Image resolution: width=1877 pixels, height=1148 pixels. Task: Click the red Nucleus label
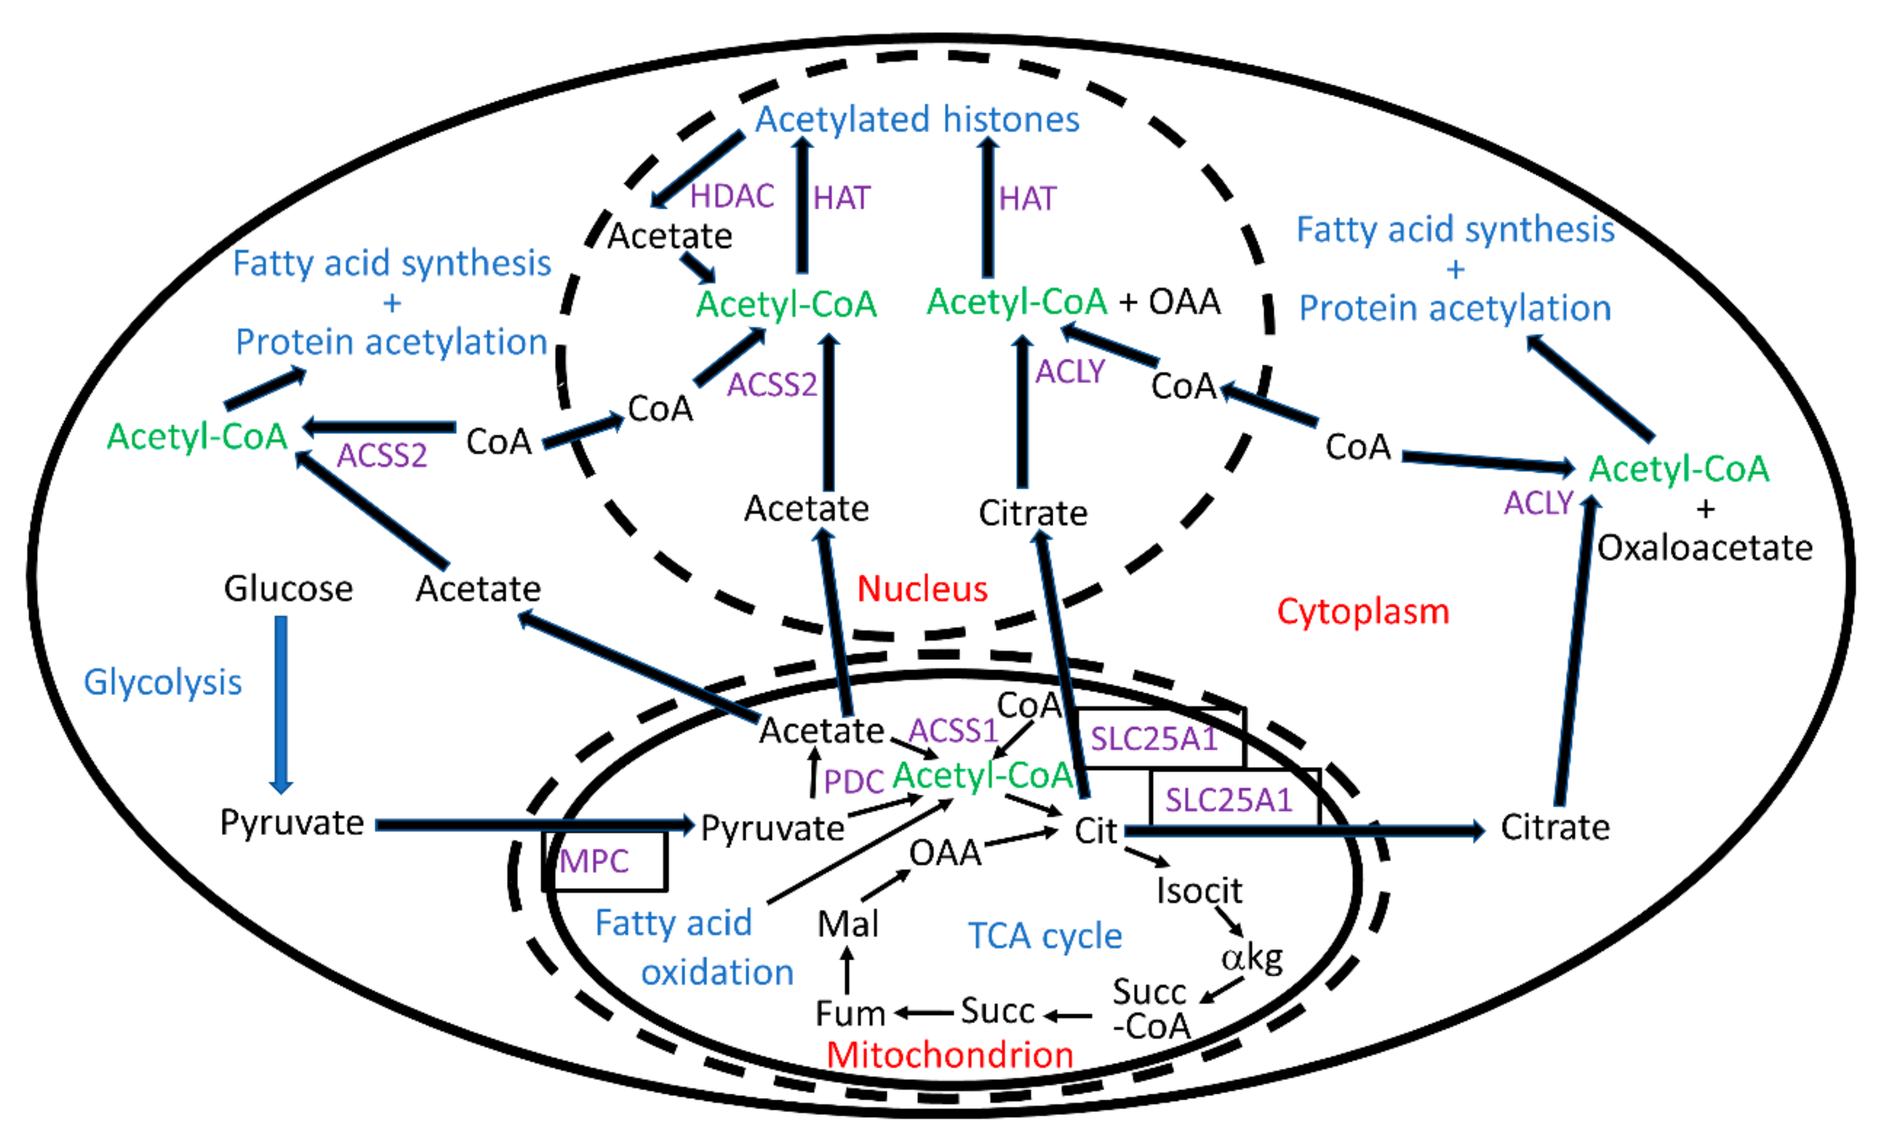(x=922, y=589)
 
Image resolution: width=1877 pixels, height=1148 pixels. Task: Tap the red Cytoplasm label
(x=1363, y=612)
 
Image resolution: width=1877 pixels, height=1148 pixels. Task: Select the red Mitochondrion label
(x=950, y=1054)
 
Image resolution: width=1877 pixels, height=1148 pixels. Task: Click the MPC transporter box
(x=606, y=861)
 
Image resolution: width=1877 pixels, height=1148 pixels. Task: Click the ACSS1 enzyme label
(x=953, y=731)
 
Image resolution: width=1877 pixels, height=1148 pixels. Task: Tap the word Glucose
(x=288, y=589)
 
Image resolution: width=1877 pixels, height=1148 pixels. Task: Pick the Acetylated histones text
(x=917, y=120)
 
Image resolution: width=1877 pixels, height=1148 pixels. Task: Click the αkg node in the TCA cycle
(x=1252, y=958)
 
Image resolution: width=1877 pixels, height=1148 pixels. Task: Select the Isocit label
(x=1199, y=890)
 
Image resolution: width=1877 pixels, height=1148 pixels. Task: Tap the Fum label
(x=850, y=1014)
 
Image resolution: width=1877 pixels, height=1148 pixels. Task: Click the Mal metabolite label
(x=848, y=924)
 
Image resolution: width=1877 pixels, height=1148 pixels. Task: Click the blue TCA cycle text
(x=1045, y=935)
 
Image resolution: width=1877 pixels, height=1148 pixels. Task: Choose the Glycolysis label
(x=162, y=682)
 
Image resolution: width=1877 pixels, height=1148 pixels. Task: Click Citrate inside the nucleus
(x=1033, y=513)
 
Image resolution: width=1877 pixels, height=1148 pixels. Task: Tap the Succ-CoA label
(x=1150, y=1009)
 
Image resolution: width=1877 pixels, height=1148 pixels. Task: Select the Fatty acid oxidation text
(x=693, y=948)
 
